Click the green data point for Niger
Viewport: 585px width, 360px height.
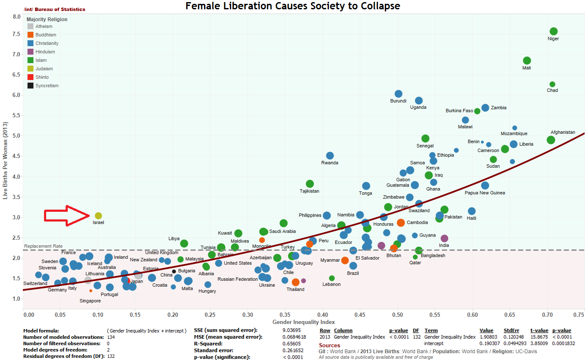(553, 31)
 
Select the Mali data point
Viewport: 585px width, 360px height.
(527, 61)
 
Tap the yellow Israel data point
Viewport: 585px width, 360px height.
(98, 216)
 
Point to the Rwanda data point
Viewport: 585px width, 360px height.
(330, 155)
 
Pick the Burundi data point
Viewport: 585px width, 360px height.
(398, 94)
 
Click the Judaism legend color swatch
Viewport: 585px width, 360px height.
(30, 69)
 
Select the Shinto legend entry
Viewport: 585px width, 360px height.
(42, 77)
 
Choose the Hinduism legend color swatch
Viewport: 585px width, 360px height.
(30, 52)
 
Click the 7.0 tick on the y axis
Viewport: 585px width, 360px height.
(16, 54)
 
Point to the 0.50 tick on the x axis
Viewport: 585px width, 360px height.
(398, 315)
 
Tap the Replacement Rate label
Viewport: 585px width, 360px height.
(43, 246)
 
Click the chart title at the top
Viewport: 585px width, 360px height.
(292, 6)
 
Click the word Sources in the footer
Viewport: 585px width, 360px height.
(329, 345)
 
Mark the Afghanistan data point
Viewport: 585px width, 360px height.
(551, 140)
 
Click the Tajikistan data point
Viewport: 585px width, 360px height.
(309, 183)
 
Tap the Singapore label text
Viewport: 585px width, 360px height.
(90, 301)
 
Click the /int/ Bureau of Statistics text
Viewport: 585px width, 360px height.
(55, 9)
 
